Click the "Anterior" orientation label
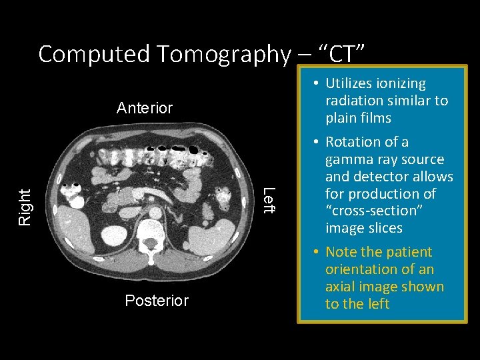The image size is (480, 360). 145,108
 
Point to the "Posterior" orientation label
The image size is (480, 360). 157,301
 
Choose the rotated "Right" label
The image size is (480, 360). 24,207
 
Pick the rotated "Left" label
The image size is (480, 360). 268,201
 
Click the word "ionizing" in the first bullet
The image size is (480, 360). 399,83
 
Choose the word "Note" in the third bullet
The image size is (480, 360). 341,252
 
